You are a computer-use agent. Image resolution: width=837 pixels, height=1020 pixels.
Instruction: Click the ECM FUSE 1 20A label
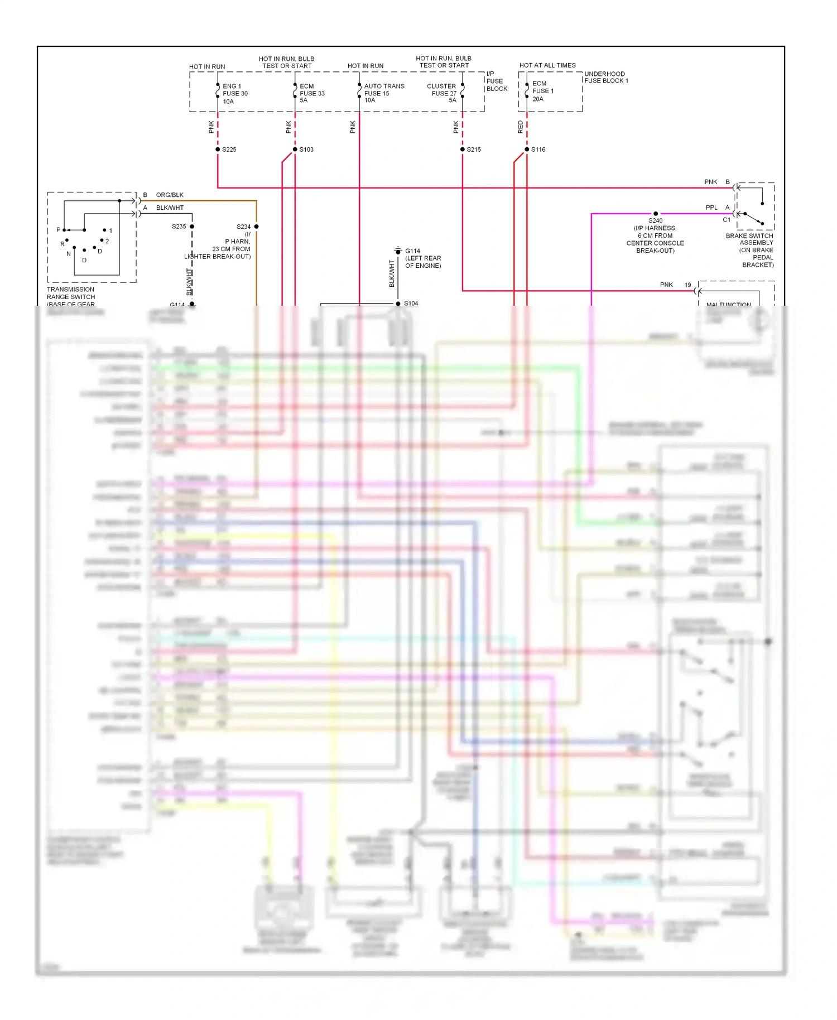point(542,91)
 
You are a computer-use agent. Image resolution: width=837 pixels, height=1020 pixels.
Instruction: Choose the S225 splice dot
point(218,150)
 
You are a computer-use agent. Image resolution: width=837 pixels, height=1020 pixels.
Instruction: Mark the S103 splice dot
point(295,150)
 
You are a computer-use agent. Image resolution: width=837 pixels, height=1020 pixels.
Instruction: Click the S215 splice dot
point(463,150)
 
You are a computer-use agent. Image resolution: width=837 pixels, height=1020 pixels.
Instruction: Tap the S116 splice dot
point(527,150)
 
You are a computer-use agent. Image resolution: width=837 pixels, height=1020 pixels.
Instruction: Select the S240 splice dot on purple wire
point(656,214)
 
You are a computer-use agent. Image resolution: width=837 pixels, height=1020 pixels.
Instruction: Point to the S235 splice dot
point(192,227)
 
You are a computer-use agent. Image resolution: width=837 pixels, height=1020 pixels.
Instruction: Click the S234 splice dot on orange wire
point(257,227)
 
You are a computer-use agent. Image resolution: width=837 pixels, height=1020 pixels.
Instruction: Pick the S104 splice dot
point(398,304)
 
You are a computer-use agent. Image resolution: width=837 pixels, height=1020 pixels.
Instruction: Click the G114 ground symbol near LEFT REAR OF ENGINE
point(398,251)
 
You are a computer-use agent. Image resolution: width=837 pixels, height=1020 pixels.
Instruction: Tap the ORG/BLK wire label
point(170,195)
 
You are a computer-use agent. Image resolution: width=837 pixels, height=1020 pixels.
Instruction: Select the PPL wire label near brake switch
point(711,208)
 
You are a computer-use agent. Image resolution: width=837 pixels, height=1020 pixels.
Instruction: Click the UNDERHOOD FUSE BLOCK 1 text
point(606,78)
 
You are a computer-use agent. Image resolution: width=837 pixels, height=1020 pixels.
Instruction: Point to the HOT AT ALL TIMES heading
point(547,65)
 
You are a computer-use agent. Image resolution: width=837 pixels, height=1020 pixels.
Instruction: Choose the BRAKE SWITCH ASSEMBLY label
point(749,239)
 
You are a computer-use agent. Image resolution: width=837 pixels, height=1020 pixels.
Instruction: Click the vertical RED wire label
point(521,127)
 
